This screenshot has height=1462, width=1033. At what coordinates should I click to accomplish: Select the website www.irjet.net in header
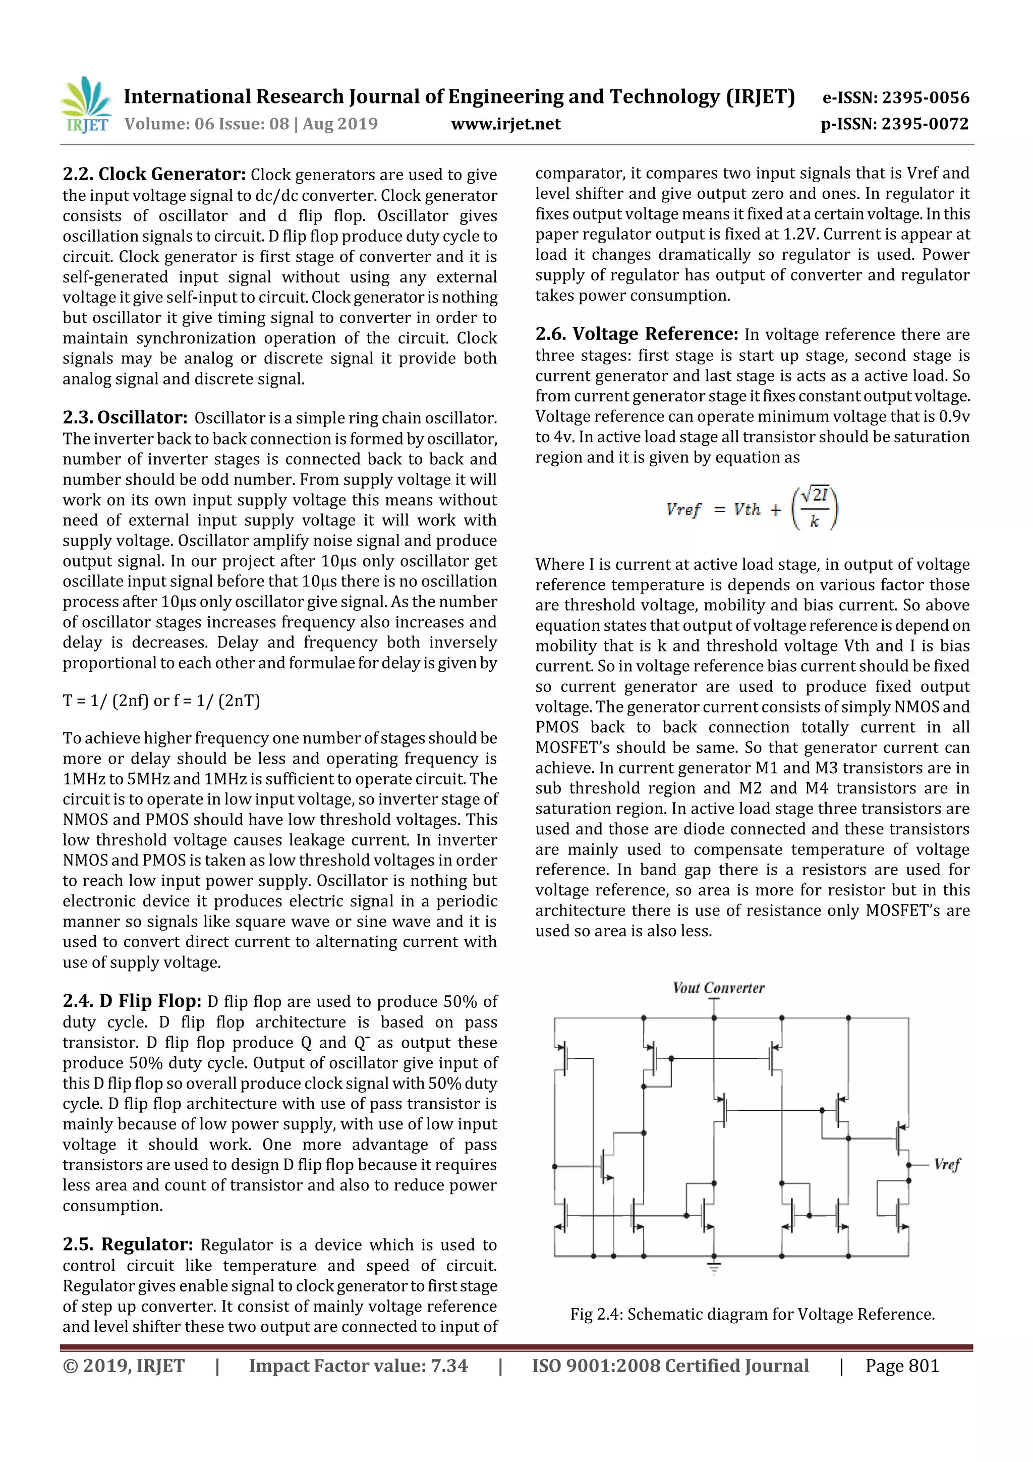coord(505,124)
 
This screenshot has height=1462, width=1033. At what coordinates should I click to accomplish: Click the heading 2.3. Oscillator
coord(125,418)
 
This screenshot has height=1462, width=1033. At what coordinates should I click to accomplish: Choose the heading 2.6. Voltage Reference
coord(636,334)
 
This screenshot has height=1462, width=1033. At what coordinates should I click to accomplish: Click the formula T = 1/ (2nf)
coord(161,700)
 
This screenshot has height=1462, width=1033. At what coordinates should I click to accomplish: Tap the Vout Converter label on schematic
coord(718,988)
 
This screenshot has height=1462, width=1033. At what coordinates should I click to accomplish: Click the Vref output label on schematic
coord(946,1165)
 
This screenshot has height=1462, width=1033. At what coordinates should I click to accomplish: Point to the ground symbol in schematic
coord(714,1268)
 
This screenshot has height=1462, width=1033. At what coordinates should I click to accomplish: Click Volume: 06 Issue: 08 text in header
coord(207,124)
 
